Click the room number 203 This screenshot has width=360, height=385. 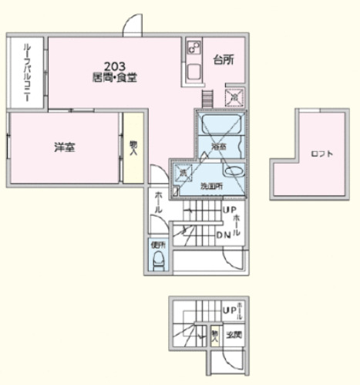(x=116, y=66)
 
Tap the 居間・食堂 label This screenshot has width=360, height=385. (x=116, y=77)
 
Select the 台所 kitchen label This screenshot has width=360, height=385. (x=223, y=60)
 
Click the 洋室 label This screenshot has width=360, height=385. (x=64, y=147)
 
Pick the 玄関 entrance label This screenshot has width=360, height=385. (x=234, y=335)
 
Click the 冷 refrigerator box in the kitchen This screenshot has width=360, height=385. (x=233, y=98)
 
